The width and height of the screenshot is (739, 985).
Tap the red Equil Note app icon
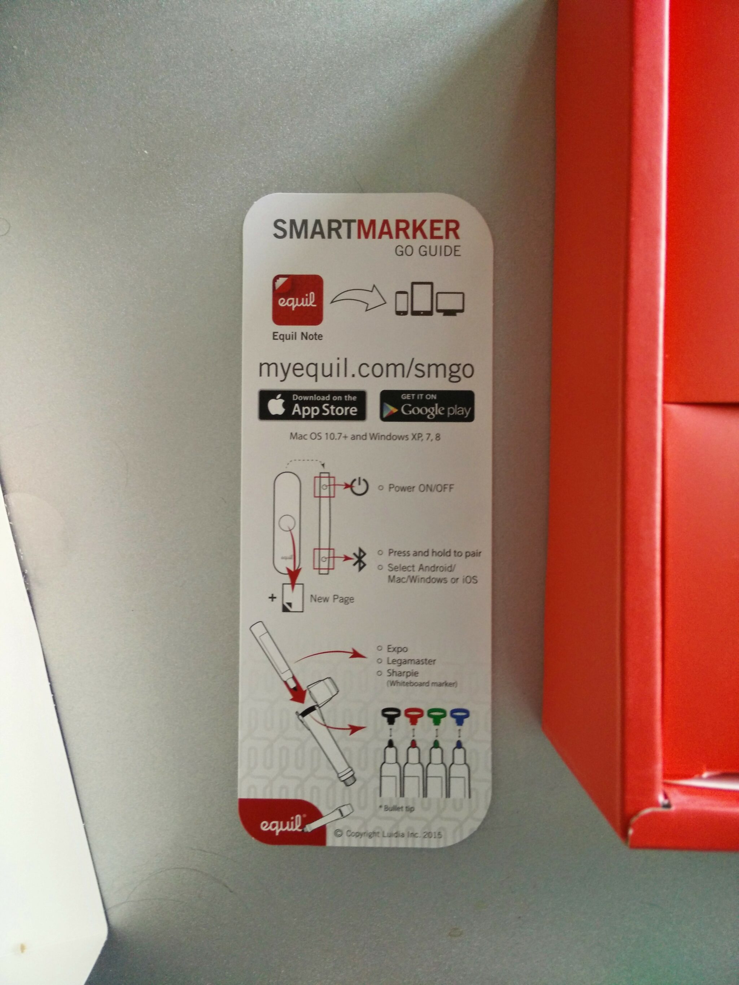(297, 300)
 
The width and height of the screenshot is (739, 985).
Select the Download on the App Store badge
(312, 405)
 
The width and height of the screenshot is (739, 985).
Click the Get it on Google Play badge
(427, 406)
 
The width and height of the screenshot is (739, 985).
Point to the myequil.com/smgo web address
(366, 369)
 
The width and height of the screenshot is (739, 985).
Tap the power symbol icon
(359, 487)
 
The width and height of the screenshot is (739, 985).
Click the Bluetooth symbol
(359, 559)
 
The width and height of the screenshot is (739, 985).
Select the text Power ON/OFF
(421, 488)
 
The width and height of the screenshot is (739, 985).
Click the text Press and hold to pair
(435, 553)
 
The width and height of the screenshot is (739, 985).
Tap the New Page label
(332, 598)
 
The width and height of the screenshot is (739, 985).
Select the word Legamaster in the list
(411, 661)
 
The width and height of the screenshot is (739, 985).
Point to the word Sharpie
(403, 673)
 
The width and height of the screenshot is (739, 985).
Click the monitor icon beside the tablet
(450, 303)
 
